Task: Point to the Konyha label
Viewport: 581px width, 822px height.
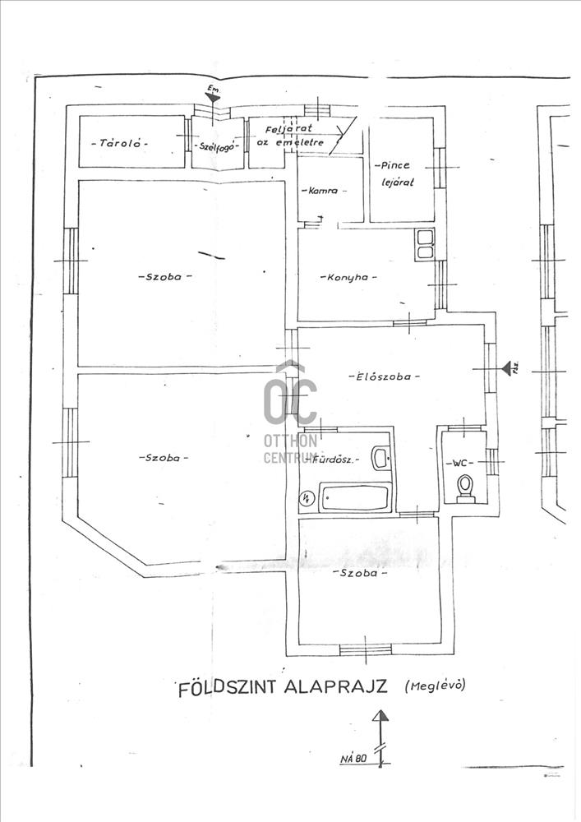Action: tap(350, 278)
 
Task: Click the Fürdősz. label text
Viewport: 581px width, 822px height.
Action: tap(337, 461)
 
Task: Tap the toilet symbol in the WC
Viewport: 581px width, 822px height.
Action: tap(466, 487)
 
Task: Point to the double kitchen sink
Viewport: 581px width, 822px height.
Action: tap(425, 244)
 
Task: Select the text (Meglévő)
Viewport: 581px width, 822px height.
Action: tap(434, 684)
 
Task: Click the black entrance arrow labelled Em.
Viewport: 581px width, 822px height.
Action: tap(214, 97)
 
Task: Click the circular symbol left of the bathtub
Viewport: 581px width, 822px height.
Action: tap(307, 497)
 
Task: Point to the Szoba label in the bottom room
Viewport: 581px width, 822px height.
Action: tap(360, 573)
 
